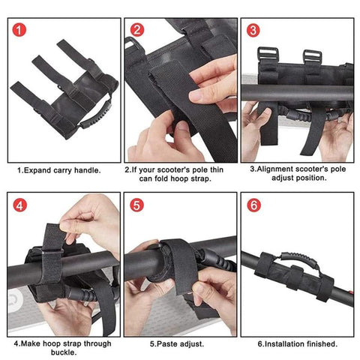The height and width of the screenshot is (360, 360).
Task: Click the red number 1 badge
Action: pos(19,30)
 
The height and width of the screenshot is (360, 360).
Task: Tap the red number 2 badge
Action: pos(137,30)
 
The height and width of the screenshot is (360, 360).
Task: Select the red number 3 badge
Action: pos(253,30)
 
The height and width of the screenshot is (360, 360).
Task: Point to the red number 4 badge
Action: pos(19,205)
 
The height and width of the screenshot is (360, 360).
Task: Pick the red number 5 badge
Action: pos(137,205)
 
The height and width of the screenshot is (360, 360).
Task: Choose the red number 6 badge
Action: pos(253,205)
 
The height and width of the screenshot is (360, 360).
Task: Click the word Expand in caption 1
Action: pos(37,170)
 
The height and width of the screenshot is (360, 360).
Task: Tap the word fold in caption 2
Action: pos(162,178)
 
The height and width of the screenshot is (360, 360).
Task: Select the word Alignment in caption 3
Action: pos(275,169)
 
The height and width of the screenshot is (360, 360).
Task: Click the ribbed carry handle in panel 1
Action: pos(96,114)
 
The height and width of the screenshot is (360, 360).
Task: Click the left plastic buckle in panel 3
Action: pos(268,54)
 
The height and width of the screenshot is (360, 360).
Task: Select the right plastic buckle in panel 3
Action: pos(313,56)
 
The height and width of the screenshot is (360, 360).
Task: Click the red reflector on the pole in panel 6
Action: pos(351,292)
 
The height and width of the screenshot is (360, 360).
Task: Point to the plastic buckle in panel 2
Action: pos(132,44)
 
